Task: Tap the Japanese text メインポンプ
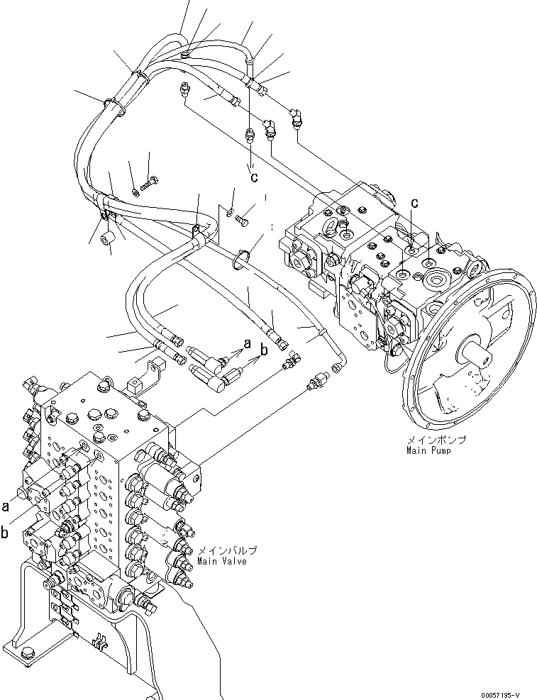coord(436,440)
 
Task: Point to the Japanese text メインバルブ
coord(226,551)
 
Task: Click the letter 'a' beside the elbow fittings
coord(247,343)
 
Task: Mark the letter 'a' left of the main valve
coord(6,506)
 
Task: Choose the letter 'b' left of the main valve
coord(6,533)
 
